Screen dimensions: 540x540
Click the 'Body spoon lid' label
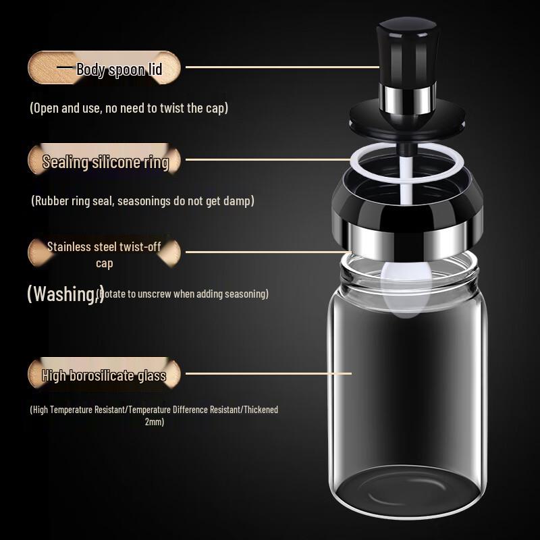point(119,69)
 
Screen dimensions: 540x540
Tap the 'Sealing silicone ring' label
point(105,162)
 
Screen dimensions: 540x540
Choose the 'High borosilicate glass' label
point(104,375)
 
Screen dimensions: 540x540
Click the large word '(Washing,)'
point(65,294)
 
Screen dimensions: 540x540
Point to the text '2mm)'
point(154,422)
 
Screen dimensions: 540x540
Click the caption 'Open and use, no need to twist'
point(129,108)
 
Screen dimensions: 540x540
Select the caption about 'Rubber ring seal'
point(142,200)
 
